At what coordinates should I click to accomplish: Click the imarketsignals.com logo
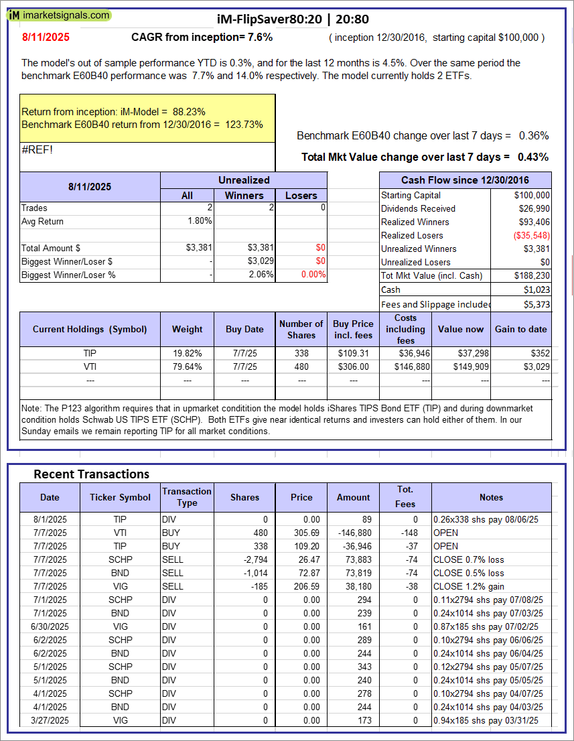coord(60,15)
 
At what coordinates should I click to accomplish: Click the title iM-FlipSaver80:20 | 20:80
coord(293,19)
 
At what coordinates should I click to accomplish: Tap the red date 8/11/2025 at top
coord(45,38)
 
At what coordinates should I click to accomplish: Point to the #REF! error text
coord(37,149)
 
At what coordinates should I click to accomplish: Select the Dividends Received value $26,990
coord(534,208)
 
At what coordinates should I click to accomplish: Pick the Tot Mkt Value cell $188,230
coord(534,275)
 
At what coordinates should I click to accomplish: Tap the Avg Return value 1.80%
coord(200,221)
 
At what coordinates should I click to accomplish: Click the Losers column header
coord(301,195)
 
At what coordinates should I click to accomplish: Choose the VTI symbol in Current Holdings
coord(90,366)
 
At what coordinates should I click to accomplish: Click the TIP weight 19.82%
coord(187,353)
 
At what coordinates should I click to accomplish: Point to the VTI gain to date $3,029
coord(536,366)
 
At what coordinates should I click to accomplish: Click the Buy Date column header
coord(244,329)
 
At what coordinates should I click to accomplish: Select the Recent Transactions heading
coord(91,474)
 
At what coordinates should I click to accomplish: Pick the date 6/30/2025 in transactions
coord(49,626)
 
